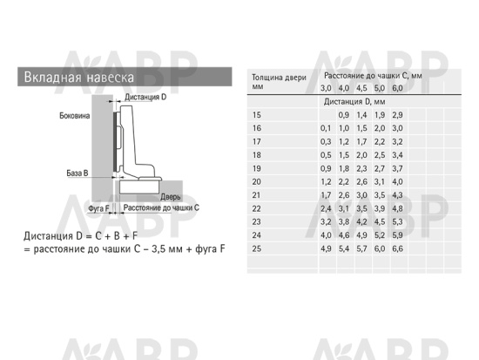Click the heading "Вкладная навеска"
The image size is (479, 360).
[x=78, y=77]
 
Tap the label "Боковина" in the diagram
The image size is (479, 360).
[x=75, y=116]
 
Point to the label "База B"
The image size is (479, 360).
[x=78, y=173]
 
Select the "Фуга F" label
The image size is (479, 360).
[x=98, y=208]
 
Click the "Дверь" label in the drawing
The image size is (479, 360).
[x=171, y=197]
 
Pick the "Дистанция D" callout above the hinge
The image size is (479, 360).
[x=145, y=97]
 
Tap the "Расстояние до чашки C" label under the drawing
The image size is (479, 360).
[x=161, y=207]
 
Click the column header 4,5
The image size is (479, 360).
[x=361, y=88]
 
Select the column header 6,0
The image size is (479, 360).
[x=397, y=88]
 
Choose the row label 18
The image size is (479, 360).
[x=257, y=155]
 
